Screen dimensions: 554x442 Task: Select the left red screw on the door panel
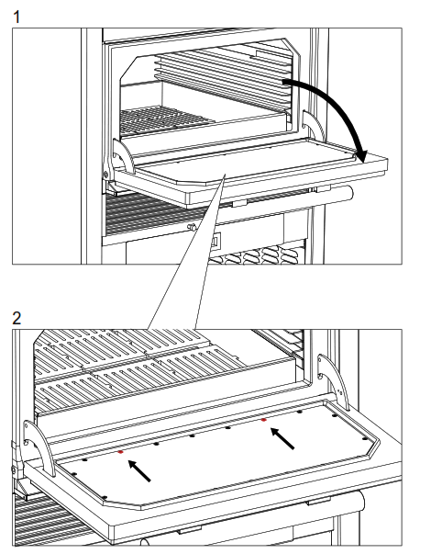pyautogui.click(x=120, y=452)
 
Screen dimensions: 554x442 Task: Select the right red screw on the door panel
pyautogui.click(x=265, y=420)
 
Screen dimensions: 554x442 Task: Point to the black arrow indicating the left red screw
pyautogui.click(x=139, y=470)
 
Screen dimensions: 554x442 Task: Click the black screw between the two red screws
pyautogui.click(x=192, y=435)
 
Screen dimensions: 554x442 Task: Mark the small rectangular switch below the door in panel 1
pyautogui.click(x=216, y=242)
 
